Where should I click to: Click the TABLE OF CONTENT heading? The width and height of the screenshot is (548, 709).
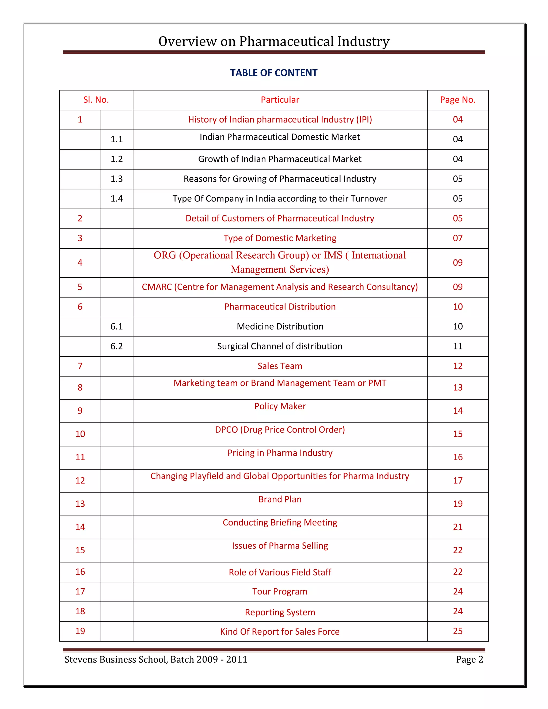click(274, 73)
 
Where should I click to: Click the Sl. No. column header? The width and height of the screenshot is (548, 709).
click(96, 100)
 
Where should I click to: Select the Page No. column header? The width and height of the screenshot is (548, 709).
click(457, 100)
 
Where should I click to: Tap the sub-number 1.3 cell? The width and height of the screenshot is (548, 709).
click(117, 179)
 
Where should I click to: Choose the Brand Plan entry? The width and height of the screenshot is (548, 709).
click(280, 499)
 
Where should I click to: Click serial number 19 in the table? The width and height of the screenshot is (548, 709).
click(80, 631)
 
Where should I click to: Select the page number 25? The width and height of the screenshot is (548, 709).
click(457, 631)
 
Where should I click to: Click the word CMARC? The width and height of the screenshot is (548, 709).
click(157, 287)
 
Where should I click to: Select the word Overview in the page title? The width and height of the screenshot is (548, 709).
click(187, 41)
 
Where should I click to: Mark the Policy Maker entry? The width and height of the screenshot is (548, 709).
click(280, 406)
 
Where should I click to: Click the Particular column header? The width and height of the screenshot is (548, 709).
click(280, 100)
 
